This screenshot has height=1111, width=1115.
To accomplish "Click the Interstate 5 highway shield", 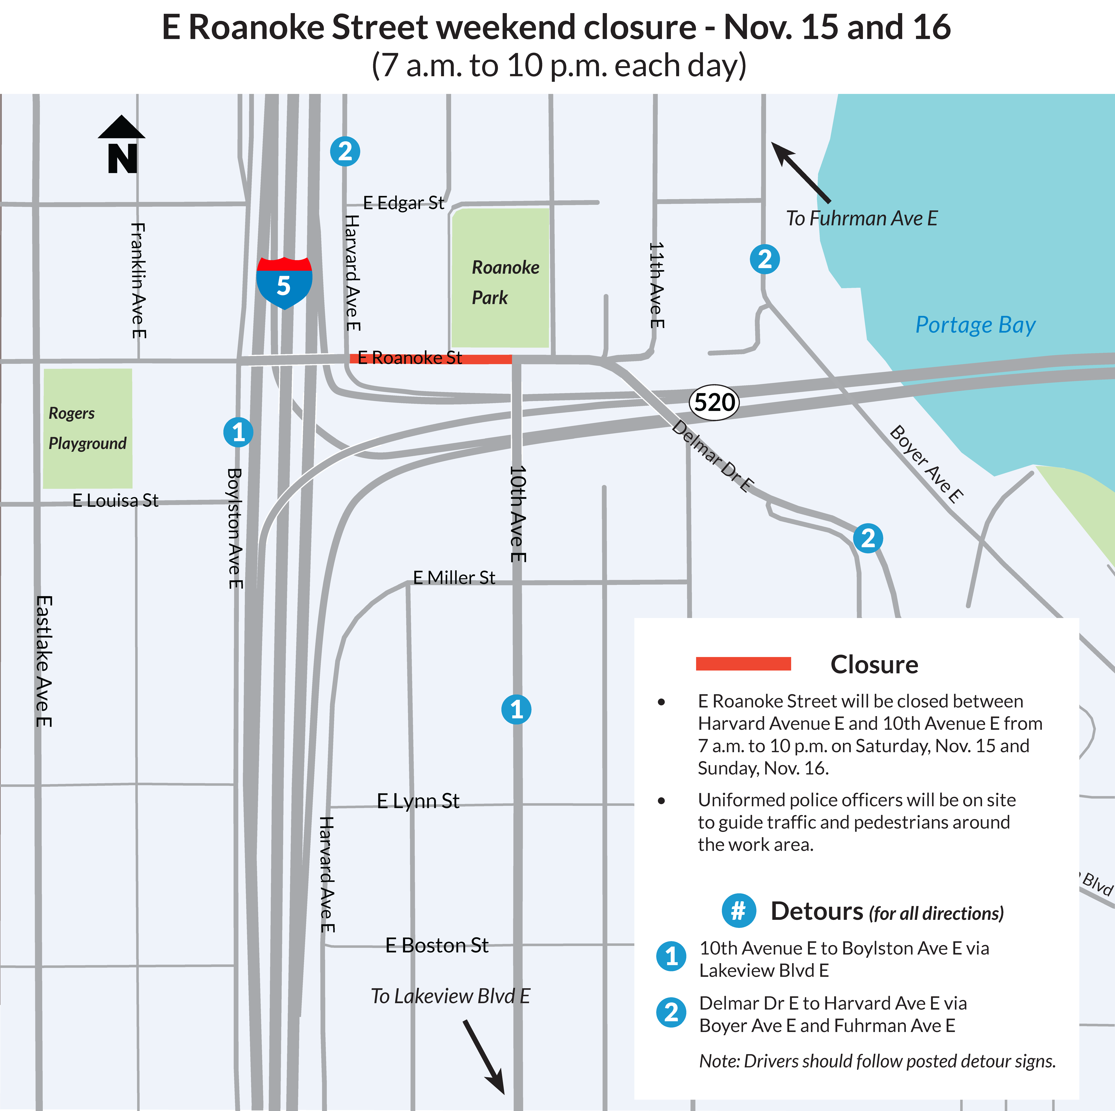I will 284,283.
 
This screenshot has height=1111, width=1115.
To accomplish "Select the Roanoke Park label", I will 505,282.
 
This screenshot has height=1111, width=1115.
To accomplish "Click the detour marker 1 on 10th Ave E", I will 516,709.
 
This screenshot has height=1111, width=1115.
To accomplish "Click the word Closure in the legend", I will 874,664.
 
